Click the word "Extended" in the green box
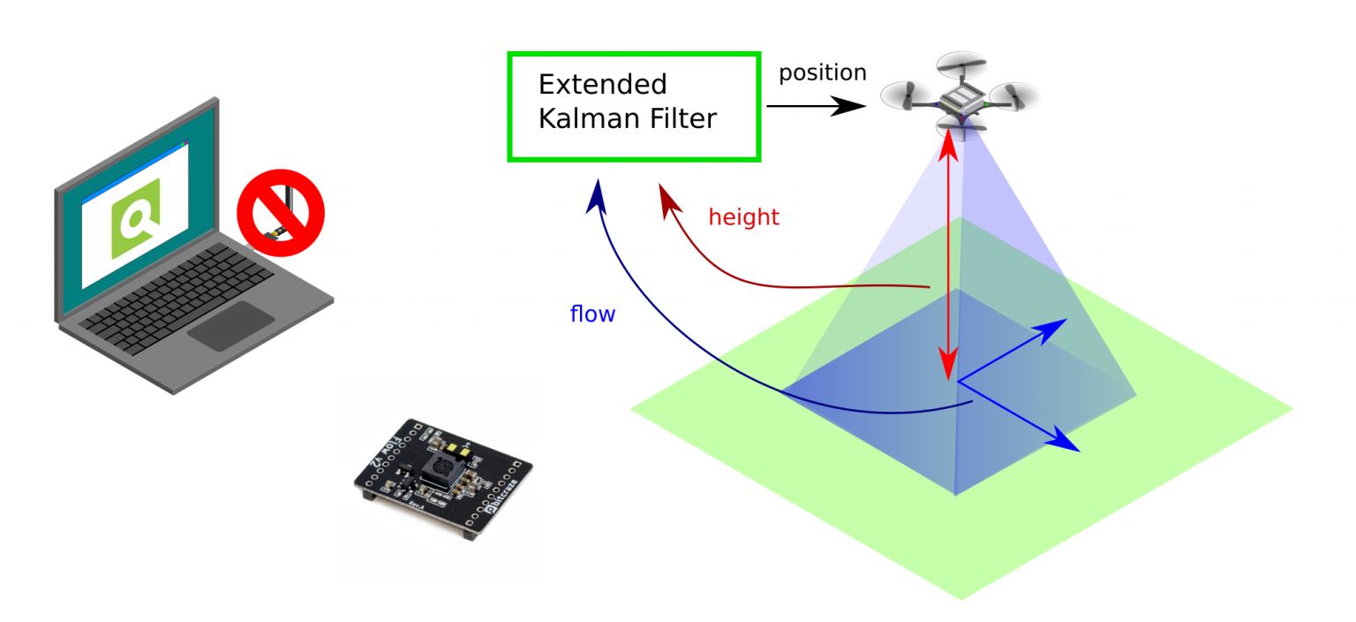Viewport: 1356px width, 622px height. coord(602,85)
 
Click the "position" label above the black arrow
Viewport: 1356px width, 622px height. coord(822,72)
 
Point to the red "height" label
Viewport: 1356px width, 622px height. coord(743,217)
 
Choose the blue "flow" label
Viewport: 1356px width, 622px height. coord(592,314)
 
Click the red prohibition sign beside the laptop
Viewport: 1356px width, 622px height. coord(281,213)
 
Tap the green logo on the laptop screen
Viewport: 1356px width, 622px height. coord(135,218)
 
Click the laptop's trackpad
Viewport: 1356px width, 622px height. coord(231,325)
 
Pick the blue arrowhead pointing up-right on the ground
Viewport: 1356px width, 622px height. coord(1054,330)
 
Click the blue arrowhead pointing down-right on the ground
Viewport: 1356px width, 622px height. coord(1066,441)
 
